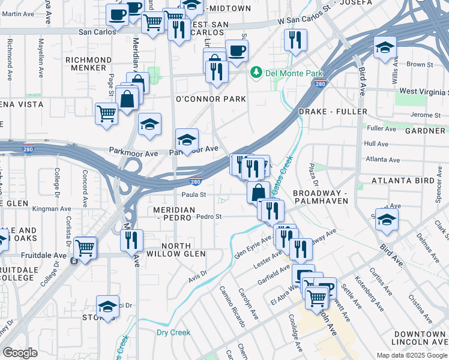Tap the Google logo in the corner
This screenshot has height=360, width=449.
click(20, 353)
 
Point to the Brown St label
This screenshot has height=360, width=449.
click(420, 64)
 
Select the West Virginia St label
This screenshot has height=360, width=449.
click(424, 91)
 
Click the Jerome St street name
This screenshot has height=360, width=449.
click(426, 115)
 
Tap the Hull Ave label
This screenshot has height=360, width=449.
click(376, 144)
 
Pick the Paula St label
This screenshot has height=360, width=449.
click(194, 195)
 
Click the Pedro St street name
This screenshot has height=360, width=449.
click(209, 217)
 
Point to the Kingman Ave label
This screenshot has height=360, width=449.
click(52, 209)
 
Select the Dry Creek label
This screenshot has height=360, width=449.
click(173, 332)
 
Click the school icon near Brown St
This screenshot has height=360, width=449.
click(385, 49)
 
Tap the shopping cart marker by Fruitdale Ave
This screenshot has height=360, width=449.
click(85, 247)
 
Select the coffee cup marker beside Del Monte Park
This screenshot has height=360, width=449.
click(237, 52)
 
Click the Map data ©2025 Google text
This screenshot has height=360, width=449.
click(411, 355)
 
